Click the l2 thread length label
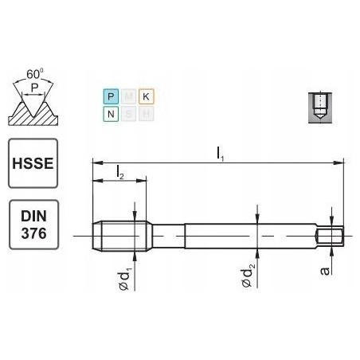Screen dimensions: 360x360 coord(119,171)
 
